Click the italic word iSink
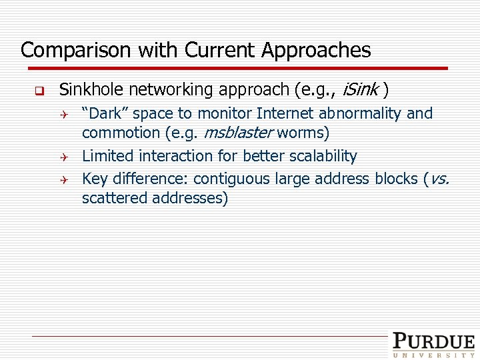(x=360, y=89)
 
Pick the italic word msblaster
(x=237, y=133)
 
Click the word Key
(x=95, y=179)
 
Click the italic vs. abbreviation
(x=441, y=179)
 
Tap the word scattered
(x=113, y=198)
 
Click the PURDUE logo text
(x=433, y=341)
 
